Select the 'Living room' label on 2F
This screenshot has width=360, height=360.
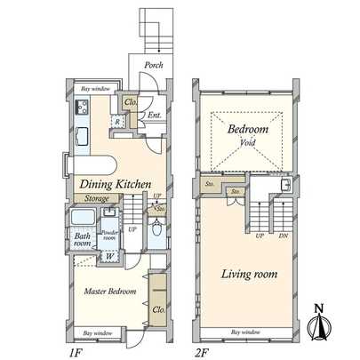pos(246,275)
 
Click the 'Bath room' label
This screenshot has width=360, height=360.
pos(83,240)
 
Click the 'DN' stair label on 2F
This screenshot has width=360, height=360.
pos(284,236)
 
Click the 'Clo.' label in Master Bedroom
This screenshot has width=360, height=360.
pos(156,310)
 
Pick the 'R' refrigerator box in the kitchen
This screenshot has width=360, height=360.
pos(117,121)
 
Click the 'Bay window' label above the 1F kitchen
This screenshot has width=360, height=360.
pos(97,90)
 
